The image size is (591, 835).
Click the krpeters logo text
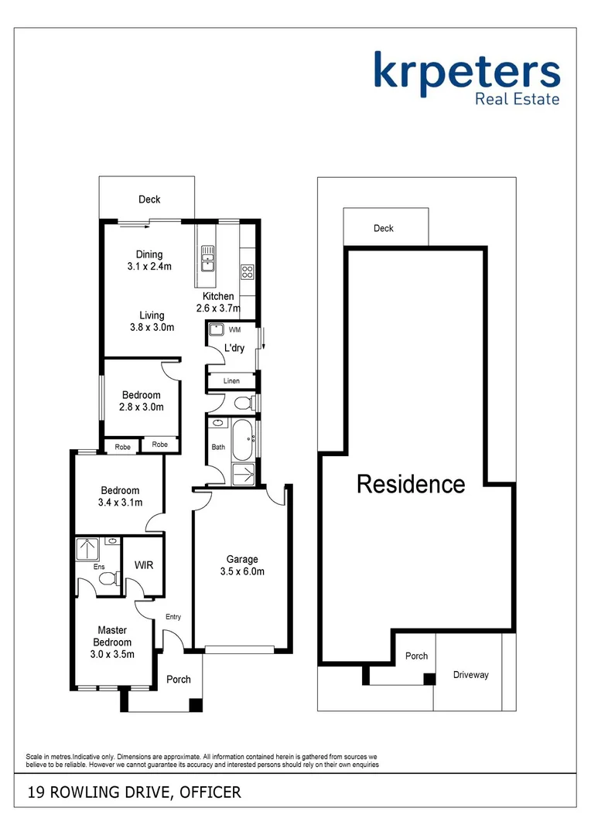coord(466,70)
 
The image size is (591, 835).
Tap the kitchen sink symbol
coord(207,259)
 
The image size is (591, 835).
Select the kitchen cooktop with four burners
coord(248,271)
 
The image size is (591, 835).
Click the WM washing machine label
coord(234,330)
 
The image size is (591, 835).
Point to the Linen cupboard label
coord(231,381)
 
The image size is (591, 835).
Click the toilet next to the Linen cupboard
coord(243,403)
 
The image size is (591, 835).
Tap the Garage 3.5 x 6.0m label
coord(242,566)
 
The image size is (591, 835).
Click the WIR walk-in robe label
coord(144,565)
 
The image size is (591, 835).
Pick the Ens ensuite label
coord(99,567)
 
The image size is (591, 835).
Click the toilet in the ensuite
coord(108,578)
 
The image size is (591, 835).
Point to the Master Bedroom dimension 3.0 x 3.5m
coord(112,654)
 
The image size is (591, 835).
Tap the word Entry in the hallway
coord(173,616)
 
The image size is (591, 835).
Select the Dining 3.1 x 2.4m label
coord(149,261)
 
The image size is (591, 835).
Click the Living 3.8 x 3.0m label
coord(152,321)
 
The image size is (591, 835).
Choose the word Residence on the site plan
coord(411,485)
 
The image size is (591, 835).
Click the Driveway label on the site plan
coord(471,675)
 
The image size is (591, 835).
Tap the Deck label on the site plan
coord(384,228)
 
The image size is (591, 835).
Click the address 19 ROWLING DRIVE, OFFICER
coord(135,792)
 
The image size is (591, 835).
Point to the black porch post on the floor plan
coord(196,704)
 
